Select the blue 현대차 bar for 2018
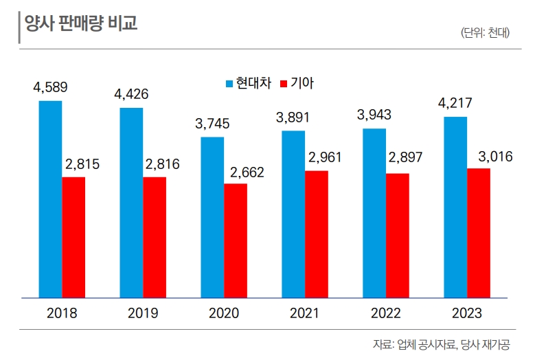click(50, 199)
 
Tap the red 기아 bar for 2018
click(73, 238)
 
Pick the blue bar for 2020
click(212, 218)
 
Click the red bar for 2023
click(479, 233)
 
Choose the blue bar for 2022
click(374, 213)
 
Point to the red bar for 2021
click(317, 234)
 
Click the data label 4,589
click(50, 87)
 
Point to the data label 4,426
click(131, 94)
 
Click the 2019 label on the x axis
click(143, 314)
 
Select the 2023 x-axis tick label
click(467, 314)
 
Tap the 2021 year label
click(305, 314)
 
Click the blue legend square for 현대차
click(229, 84)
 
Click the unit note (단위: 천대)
click(486, 32)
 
